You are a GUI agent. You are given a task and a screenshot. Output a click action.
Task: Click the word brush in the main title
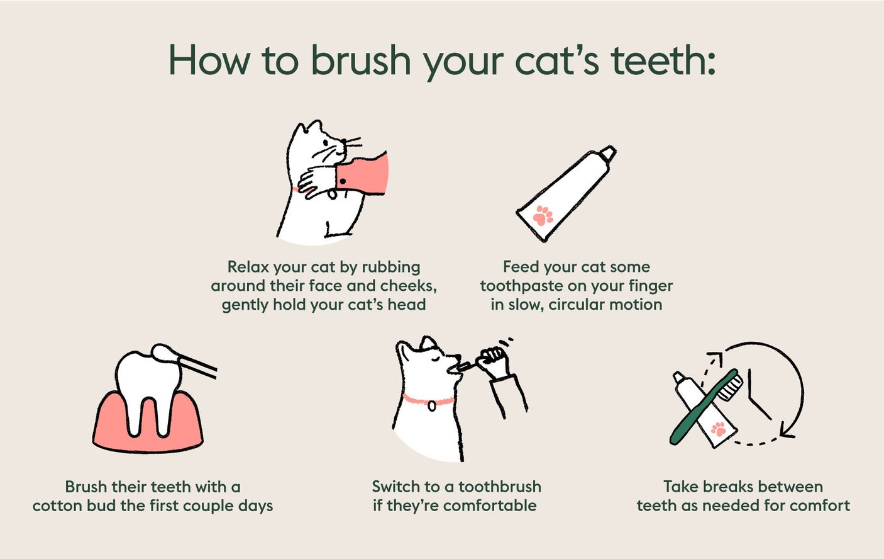361,61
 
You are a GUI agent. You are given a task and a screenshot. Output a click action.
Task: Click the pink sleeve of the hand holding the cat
365,173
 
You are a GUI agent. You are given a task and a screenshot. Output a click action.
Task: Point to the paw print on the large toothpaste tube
543,216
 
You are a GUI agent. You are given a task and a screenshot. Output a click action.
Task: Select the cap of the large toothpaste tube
607,154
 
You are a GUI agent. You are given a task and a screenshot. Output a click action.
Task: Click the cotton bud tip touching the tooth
165,354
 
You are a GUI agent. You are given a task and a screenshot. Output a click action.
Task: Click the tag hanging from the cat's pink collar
431,406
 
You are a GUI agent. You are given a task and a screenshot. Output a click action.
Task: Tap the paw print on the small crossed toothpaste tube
717,430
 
